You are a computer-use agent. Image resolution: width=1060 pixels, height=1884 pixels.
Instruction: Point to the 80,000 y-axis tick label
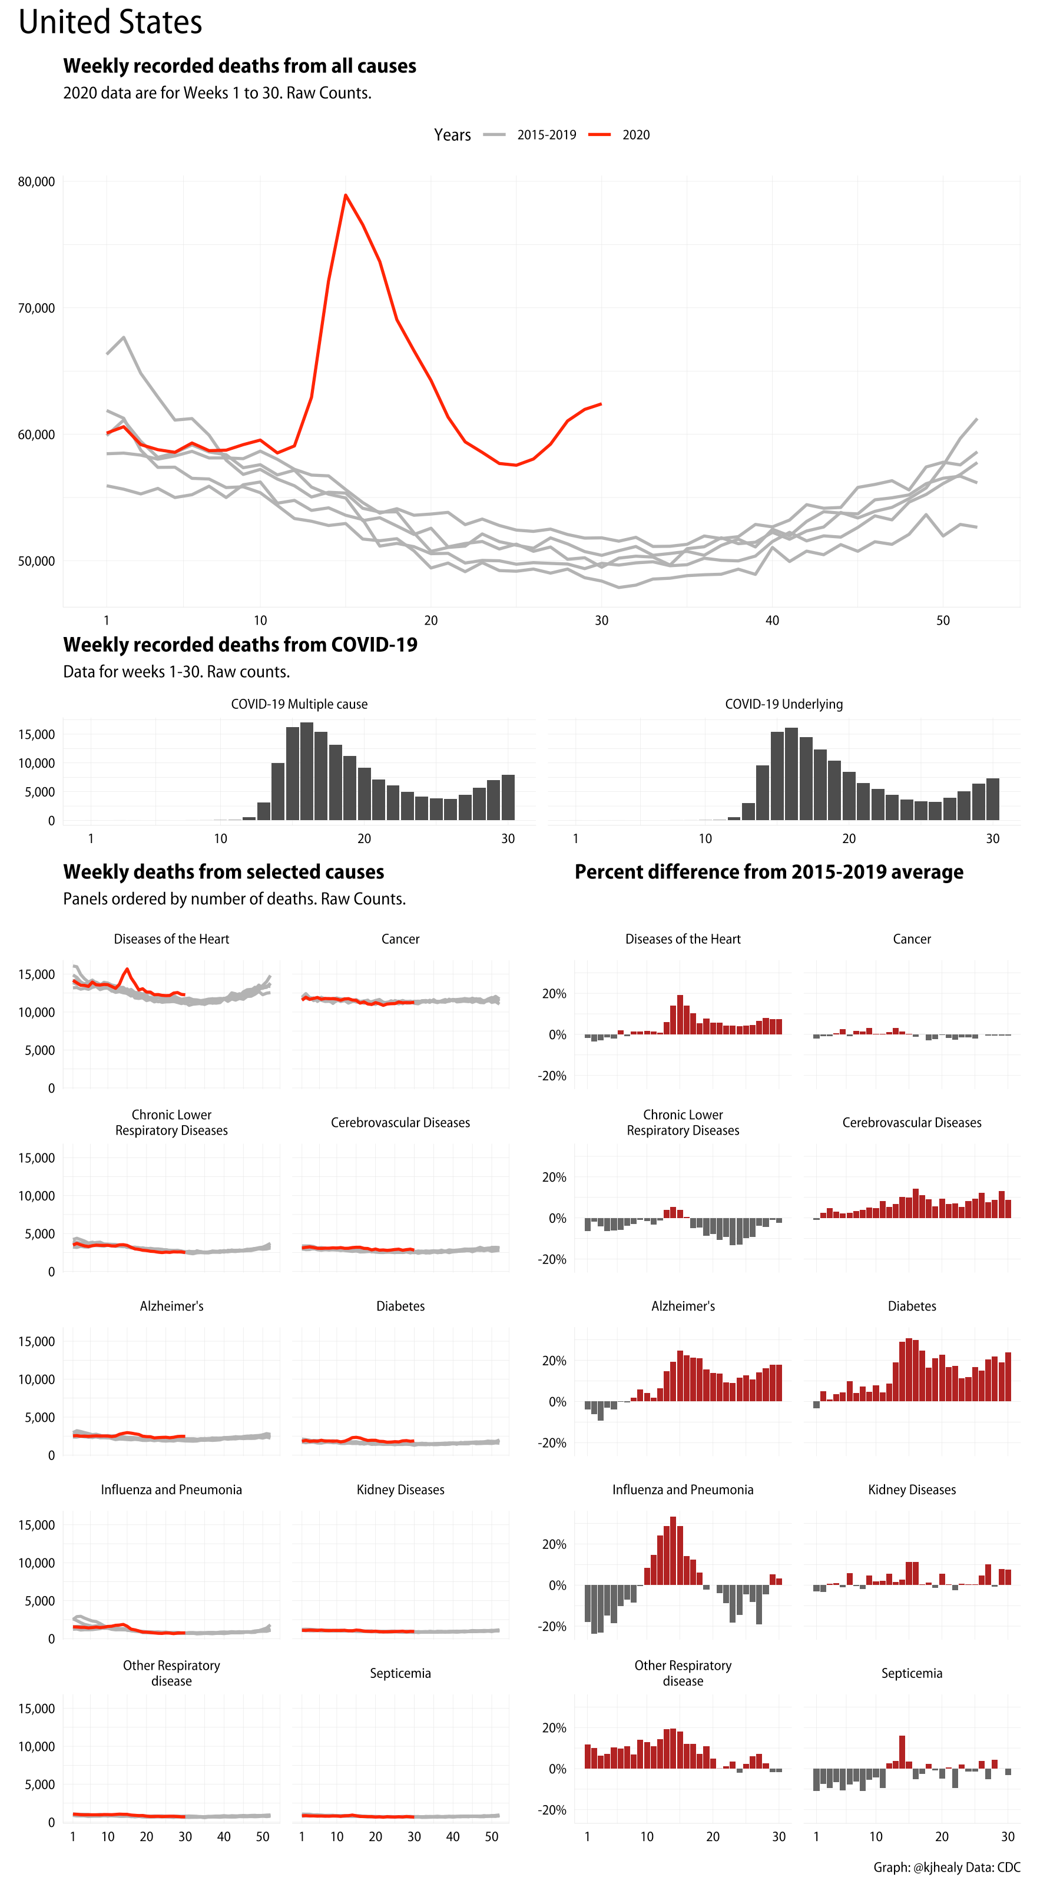click(x=37, y=181)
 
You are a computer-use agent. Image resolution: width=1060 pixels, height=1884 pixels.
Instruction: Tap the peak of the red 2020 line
click(x=345, y=195)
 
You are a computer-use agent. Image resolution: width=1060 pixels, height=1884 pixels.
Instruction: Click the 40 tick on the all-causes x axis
click(x=772, y=620)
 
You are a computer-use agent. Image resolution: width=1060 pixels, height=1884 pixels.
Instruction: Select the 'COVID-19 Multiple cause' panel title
click(x=299, y=704)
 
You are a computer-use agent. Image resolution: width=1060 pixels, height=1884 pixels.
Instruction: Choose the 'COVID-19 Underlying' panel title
click(x=783, y=704)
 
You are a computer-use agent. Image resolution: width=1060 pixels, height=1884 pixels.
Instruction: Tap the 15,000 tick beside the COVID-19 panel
click(x=37, y=734)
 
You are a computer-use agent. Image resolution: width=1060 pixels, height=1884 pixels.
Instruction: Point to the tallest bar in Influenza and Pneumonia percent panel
click(x=673, y=1551)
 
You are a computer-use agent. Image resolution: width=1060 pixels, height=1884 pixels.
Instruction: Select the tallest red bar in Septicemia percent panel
click(x=902, y=1752)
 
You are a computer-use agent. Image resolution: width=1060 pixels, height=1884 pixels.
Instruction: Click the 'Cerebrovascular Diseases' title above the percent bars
click(x=912, y=1122)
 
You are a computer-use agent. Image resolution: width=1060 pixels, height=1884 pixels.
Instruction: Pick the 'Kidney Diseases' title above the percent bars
click(x=912, y=1489)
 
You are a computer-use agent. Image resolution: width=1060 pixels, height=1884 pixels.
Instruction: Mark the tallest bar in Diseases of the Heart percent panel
click(x=680, y=1014)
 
